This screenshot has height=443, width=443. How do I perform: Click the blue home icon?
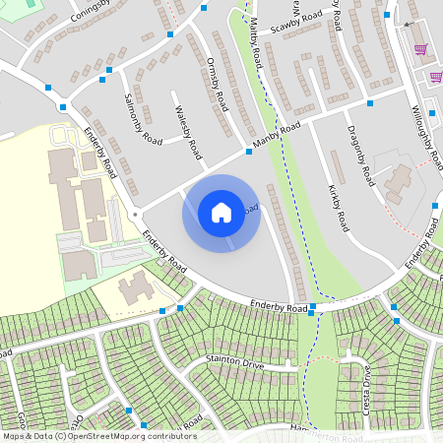[221, 213]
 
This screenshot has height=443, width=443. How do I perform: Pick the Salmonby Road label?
[144, 119]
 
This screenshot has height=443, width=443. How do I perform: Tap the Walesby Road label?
[187, 133]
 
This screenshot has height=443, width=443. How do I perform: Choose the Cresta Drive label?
[365, 388]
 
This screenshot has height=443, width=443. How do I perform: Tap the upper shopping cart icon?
[420, 49]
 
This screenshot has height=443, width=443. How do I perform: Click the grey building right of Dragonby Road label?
[399, 180]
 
